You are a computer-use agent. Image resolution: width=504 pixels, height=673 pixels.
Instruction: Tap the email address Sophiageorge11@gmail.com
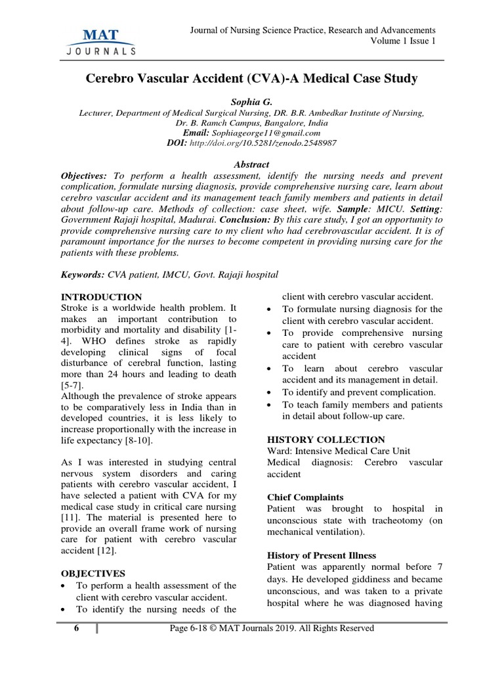pyautogui.click(x=276, y=133)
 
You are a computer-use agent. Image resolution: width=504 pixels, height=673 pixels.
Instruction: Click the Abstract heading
pyautogui.click(x=251, y=164)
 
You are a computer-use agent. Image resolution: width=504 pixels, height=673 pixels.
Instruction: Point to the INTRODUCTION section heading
pyautogui.click(x=101, y=297)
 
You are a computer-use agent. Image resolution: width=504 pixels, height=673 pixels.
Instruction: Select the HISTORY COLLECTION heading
pyautogui.click(x=326, y=439)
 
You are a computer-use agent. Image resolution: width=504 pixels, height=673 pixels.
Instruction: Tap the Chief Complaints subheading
pyautogui.click(x=305, y=498)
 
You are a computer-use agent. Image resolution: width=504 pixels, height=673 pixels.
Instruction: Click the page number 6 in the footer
pyautogui.click(x=76, y=628)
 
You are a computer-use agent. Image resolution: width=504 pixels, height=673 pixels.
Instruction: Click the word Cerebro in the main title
pyautogui.click(x=112, y=80)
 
